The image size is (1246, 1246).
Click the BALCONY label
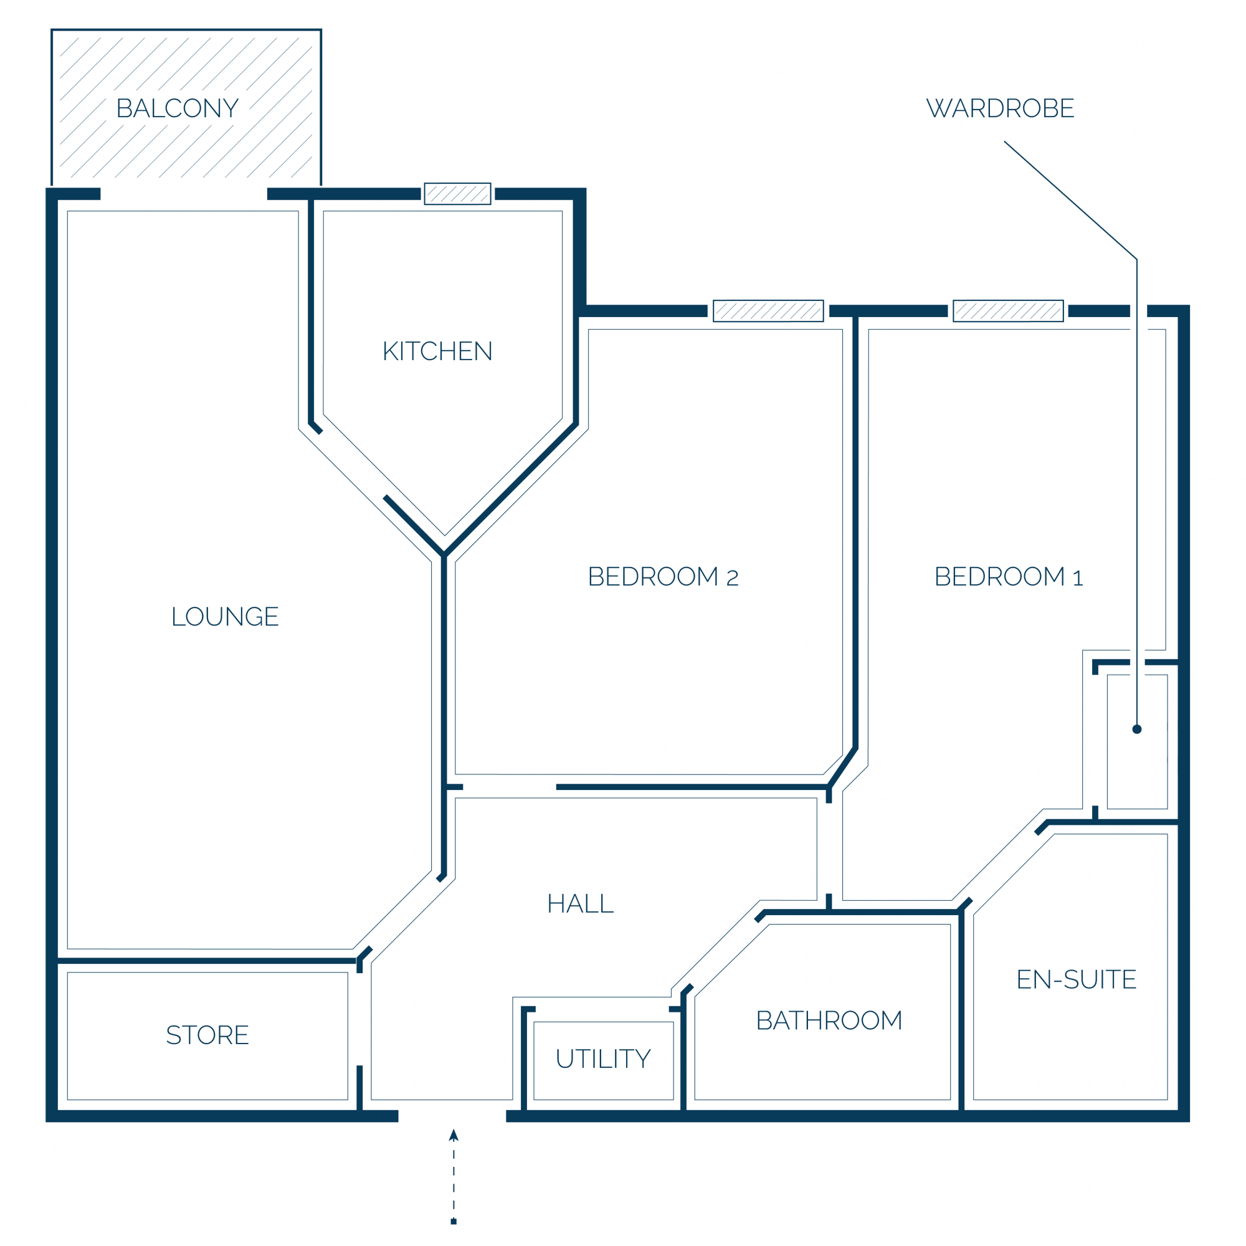click(x=178, y=108)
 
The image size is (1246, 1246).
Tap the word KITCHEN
click(x=437, y=351)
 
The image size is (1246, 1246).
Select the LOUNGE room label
click(x=224, y=617)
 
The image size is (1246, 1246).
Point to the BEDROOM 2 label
click(x=663, y=576)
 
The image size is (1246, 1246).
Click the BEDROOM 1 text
click(x=1009, y=576)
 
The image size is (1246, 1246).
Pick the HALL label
click(x=581, y=903)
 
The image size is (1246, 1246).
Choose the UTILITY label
click(x=603, y=1058)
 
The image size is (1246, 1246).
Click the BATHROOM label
click(x=829, y=1020)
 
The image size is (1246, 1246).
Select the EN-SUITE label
click(x=1077, y=979)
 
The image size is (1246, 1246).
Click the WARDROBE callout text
click(x=1001, y=108)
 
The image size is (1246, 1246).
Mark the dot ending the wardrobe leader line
click(x=1137, y=730)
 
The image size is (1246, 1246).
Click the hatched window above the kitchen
click(x=457, y=194)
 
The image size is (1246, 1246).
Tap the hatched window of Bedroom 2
click(x=768, y=311)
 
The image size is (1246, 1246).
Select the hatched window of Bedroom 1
click(x=1008, y=311)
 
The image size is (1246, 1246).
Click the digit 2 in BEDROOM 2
click(x=732, y=578)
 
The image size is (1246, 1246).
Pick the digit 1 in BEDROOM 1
click(x=1078, y=578)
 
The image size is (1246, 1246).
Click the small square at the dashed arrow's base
click(x=454, y=1222)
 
